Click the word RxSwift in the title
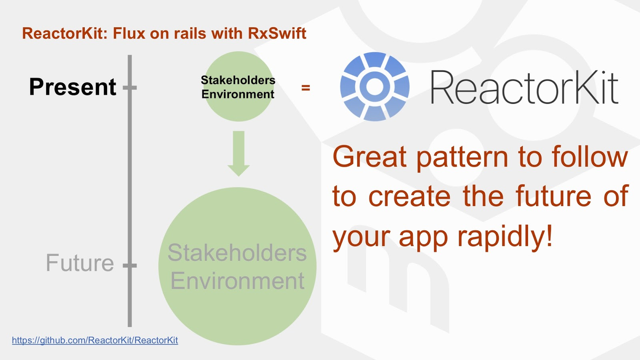pos(277,33)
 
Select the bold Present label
pos(72,87)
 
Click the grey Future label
pos(80,263)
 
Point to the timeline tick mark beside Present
pos(130,88)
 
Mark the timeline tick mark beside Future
pos(130,266)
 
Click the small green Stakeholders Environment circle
pos(239,86)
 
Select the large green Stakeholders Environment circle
pos(237,266)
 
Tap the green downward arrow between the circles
pos(239,153)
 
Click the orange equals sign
pos(306,88)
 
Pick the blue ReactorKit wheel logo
pos(375,87)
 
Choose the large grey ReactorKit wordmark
pos(524,87)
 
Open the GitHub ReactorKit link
pos(95,340)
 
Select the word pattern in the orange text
pos(462,158)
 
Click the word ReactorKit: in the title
pos(64,33)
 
